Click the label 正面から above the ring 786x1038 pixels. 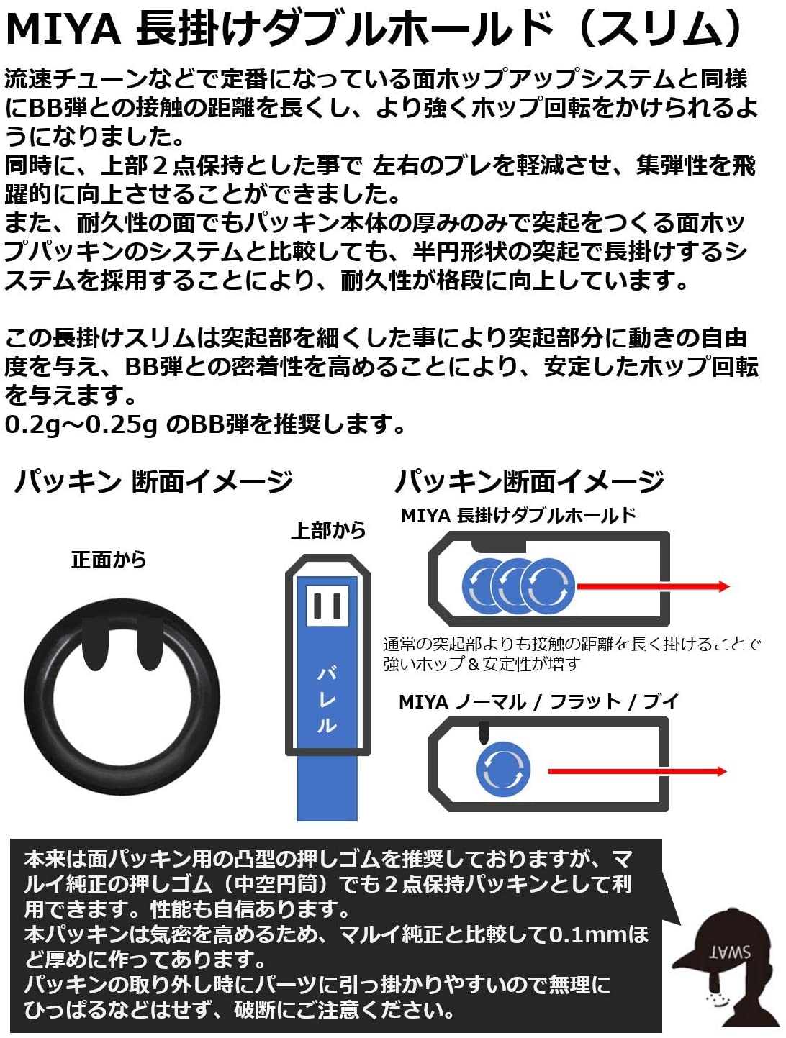click(109, 560)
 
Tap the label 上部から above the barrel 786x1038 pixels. click(328, 530)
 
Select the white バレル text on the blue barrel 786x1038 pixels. click(327, 699)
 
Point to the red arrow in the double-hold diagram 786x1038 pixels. click(651, 586)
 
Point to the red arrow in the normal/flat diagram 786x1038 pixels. click(637, 772)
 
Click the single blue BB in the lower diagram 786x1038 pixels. click(503, 770)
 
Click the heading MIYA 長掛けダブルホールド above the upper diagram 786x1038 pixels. click(518, 516)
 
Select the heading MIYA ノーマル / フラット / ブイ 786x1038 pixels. click(538, 701)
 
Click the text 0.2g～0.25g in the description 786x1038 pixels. click(81, 424)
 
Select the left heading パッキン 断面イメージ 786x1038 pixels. click(153, 481)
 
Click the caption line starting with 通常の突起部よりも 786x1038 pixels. click(572, 644)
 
